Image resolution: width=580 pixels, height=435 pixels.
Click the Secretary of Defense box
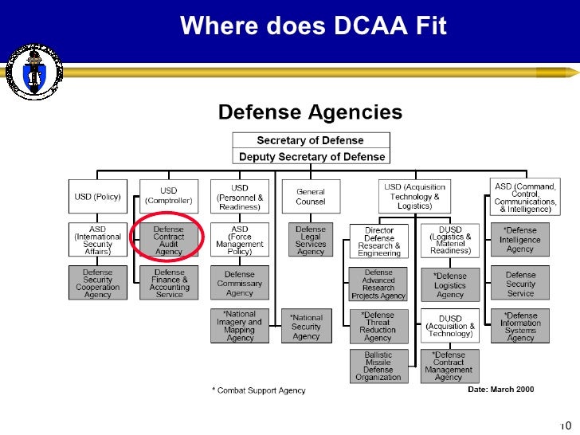(x=310, y=140)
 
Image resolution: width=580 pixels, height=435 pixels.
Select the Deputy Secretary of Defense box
(x=310, y=157)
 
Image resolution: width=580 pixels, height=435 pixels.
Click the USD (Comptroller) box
(x=168, y=196)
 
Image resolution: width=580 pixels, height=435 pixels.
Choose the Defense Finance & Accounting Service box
(x=169, y=283)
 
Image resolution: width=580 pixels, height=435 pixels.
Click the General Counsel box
(x=310, y=196)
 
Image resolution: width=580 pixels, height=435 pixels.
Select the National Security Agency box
(x=306, y=327)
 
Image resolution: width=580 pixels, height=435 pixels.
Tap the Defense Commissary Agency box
(x=239, y=283)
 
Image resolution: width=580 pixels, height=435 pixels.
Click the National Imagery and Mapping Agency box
(x=239, y=326)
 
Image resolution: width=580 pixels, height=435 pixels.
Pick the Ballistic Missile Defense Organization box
(x=378, y=366)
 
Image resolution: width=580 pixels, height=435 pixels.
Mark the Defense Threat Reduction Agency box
(x=378, y=327)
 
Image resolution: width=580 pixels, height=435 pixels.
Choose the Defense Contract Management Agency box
(x=449, y=366)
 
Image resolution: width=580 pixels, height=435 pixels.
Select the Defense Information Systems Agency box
(x=520, y=327)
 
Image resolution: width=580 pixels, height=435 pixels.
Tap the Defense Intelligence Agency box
(x=520, y=239)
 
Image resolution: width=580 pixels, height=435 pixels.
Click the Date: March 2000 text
(x=500, y=390)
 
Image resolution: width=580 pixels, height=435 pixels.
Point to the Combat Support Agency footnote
(x=258, y=390)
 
